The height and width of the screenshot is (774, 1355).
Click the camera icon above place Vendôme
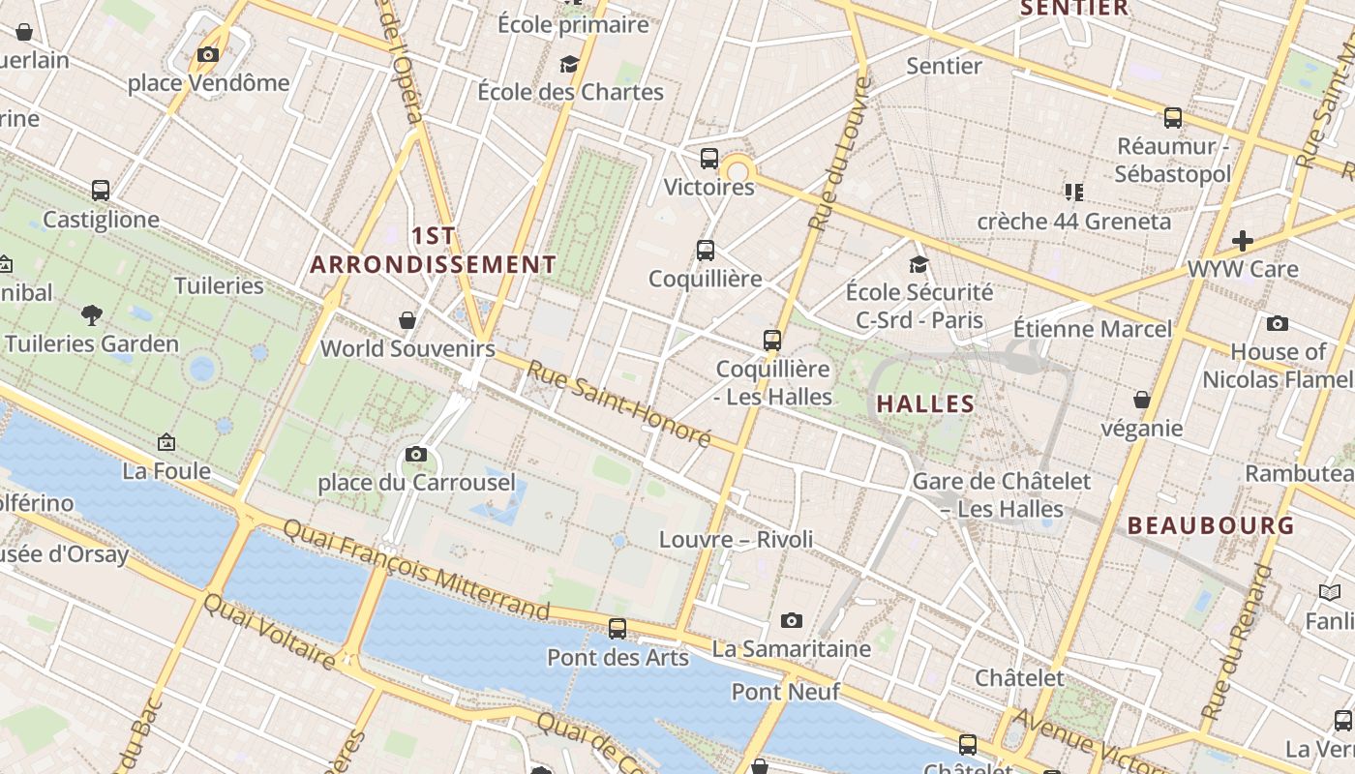click(208, 55)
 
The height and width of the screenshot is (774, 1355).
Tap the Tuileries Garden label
click(92, 343)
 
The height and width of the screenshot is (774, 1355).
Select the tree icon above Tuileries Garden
click(92, 314)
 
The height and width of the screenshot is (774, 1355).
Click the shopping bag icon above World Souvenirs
click(407, 320)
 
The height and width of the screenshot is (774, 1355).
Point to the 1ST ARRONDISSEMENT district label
click(433, 251)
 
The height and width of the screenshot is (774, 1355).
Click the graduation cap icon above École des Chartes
click(569, 65)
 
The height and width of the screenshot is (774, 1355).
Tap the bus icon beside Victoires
click(709, 159)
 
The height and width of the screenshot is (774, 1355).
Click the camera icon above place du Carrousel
click(416, 454)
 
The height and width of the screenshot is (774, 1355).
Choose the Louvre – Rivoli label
click(736, 539)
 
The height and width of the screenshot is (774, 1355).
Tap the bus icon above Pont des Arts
click(617, 629)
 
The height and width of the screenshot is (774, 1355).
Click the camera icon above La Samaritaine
click(792, 620)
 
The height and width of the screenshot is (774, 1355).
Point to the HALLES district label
click(925, 403)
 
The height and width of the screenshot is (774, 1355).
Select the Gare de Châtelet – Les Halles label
click(1002, 494)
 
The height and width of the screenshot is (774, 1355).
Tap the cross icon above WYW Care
click(1243, 240)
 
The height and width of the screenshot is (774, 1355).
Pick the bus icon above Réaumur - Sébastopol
click(1173, 118)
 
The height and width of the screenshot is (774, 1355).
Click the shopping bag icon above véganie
click(1142, 400)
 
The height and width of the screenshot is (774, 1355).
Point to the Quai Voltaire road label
click(269, 631)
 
